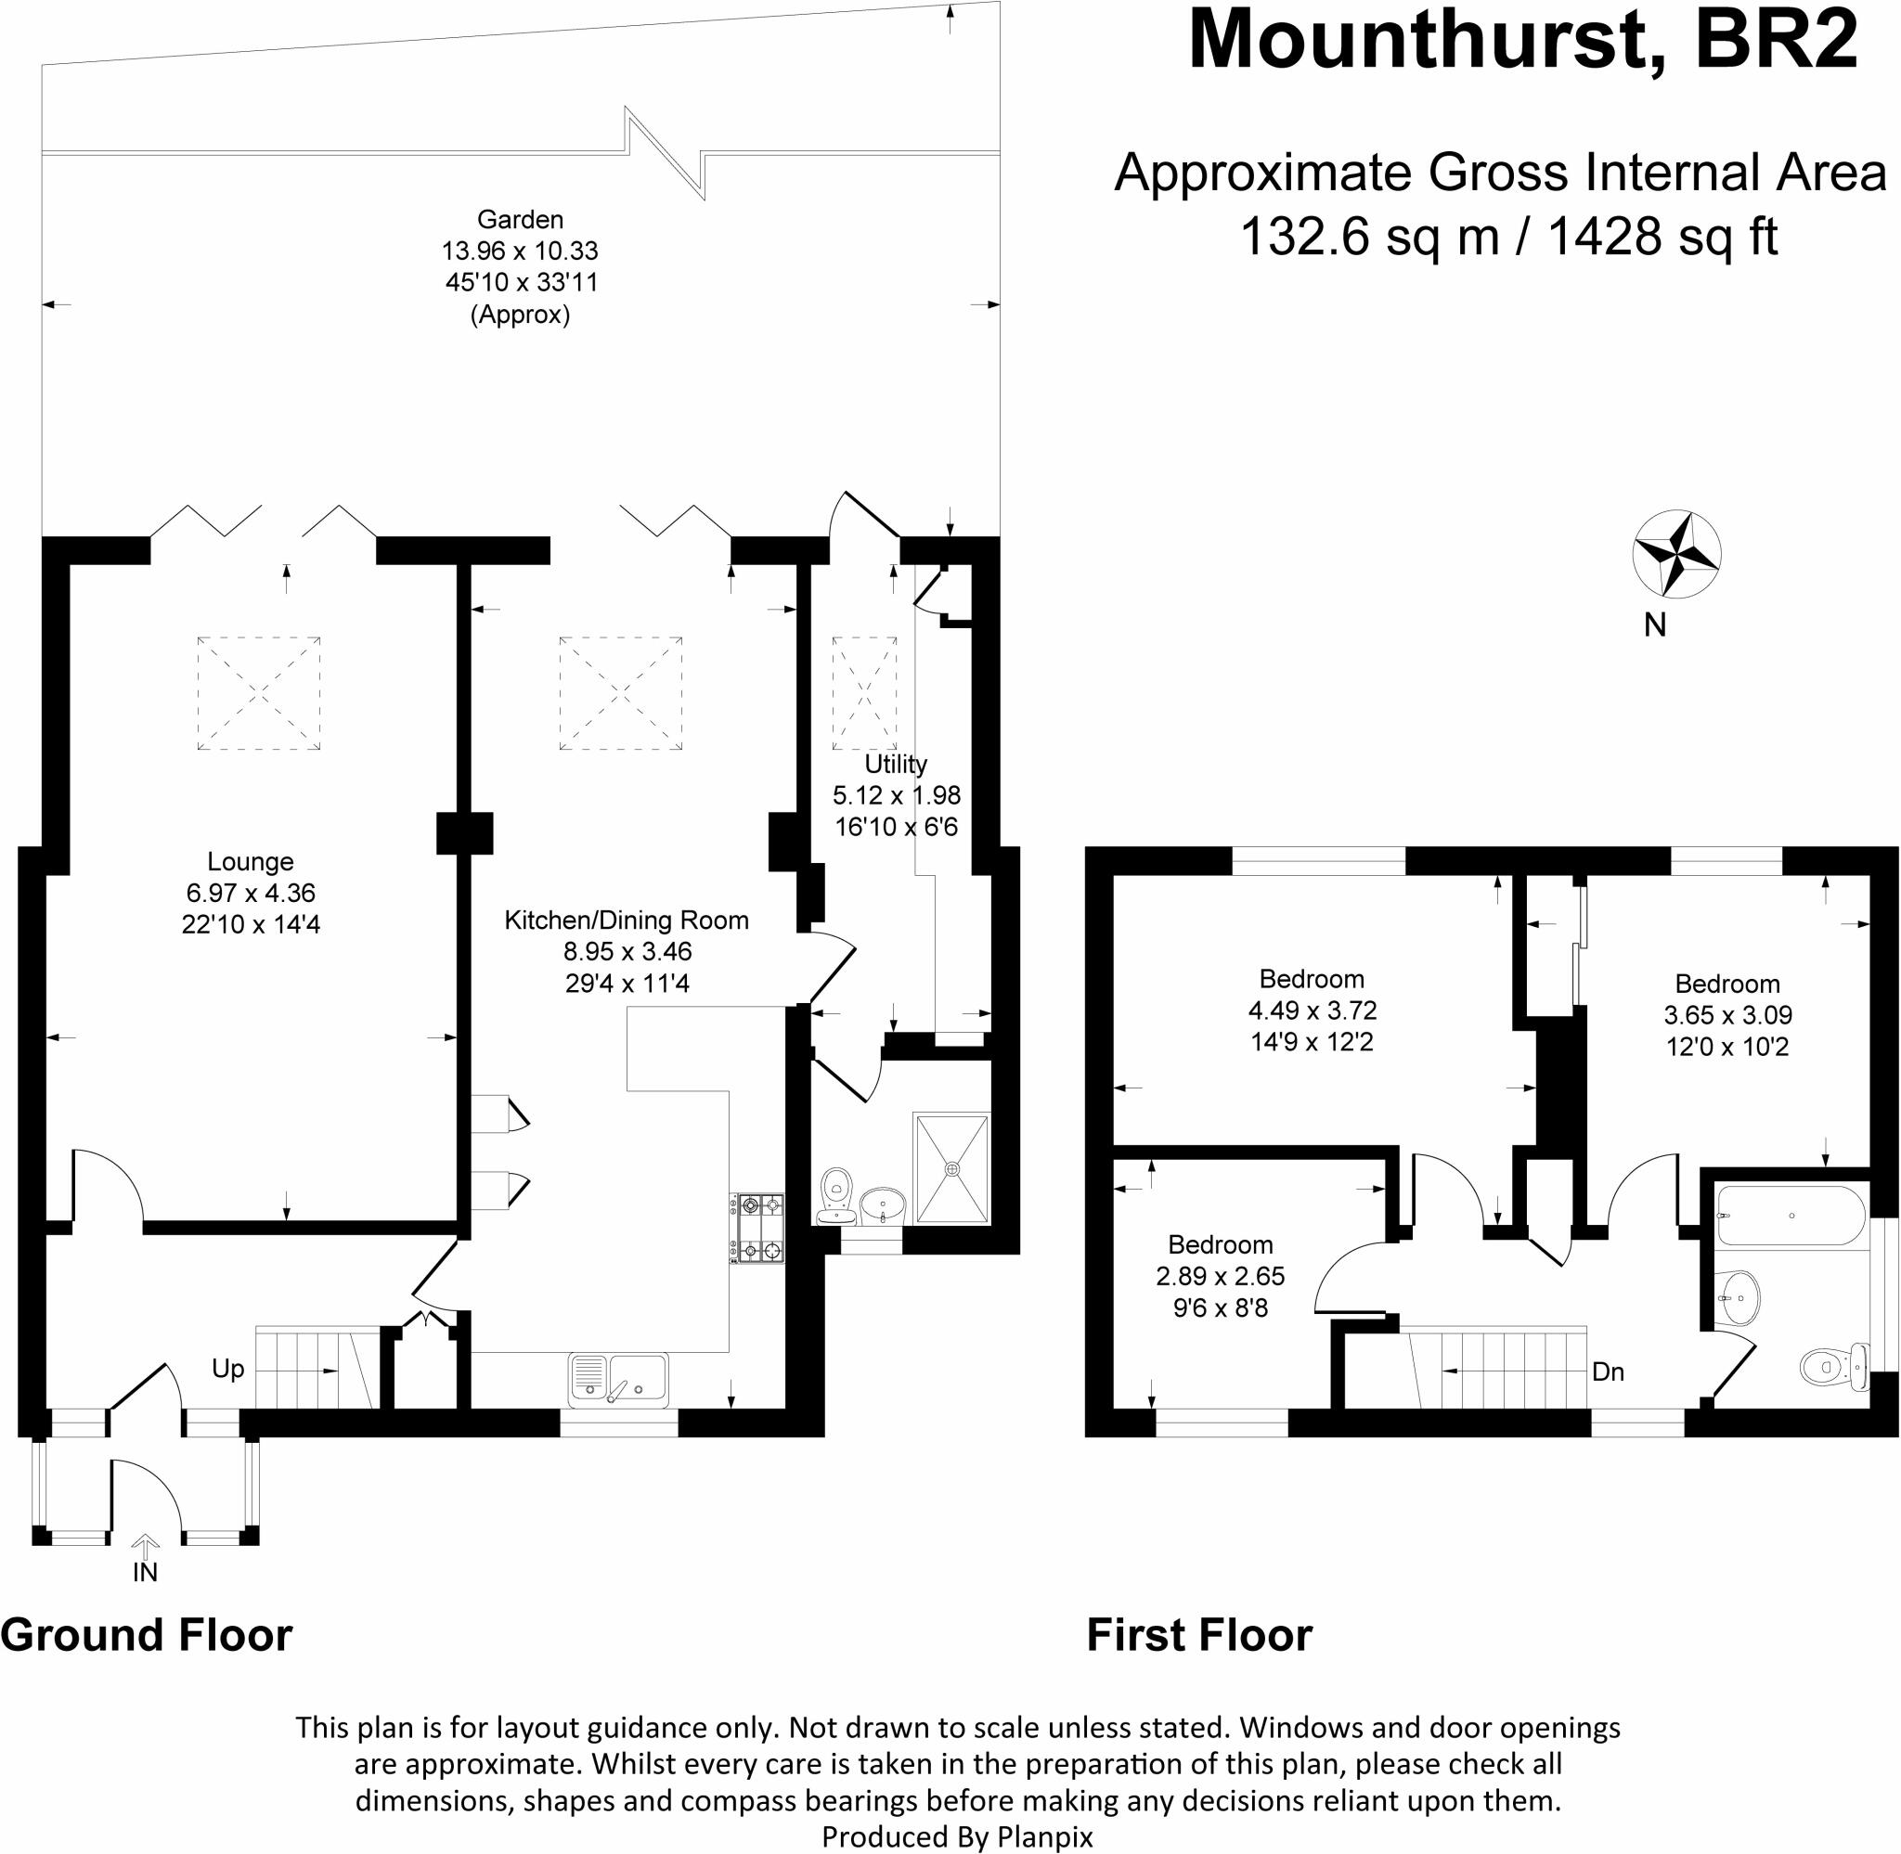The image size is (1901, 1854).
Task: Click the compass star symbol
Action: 1675,553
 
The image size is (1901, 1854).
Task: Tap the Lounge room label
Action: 251,861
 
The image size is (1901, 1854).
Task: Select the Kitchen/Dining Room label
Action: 627,920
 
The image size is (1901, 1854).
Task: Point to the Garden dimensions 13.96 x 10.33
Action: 519,251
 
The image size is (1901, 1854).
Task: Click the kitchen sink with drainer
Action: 618,1380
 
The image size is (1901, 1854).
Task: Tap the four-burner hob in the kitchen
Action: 757,1228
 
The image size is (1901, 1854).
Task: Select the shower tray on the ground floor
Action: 951,1168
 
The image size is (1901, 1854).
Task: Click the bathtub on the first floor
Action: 1790,1216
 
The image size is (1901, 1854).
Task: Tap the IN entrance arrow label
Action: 144,1572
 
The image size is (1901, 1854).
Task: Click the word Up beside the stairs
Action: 228,1368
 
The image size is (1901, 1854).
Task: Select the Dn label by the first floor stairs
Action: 1608,1371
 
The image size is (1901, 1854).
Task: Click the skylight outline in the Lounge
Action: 258,693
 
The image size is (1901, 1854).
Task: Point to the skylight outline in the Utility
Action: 864,693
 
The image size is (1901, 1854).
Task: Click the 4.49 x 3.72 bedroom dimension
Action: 1312,1010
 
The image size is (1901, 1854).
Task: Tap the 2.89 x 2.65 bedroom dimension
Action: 1221,1276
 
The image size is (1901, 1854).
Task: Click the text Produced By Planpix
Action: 957,1836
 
